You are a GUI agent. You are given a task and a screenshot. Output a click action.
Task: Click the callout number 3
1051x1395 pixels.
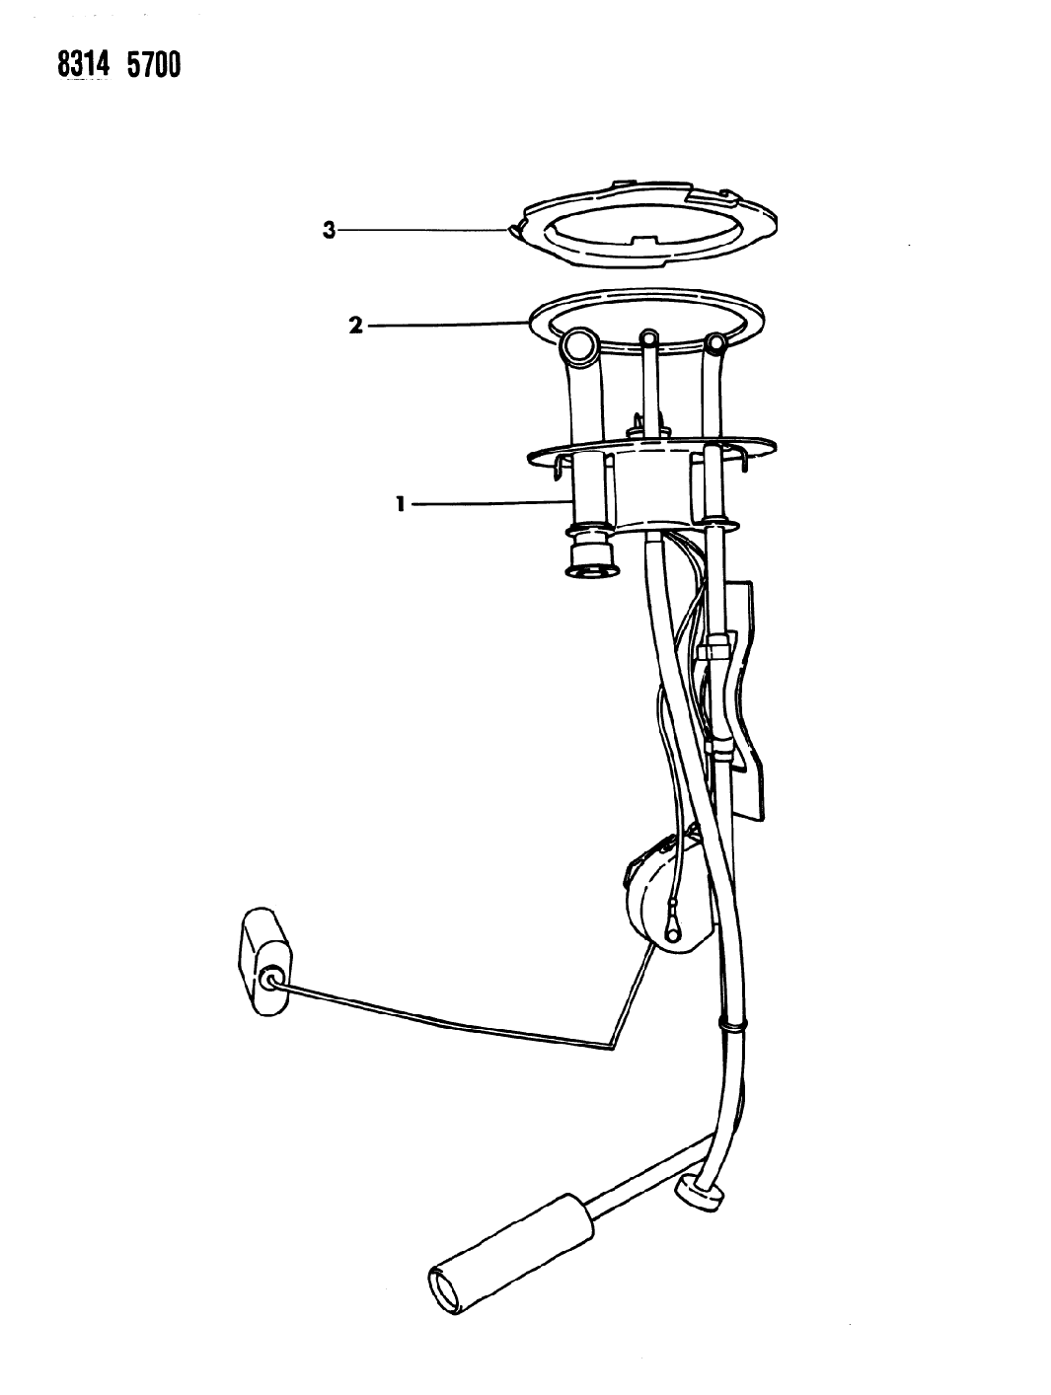click(x=329, y=230)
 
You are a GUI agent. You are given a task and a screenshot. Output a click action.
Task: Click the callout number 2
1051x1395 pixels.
click(x=355, y=326)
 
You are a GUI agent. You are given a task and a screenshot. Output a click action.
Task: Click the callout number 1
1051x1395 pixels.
click(x=401, y=504)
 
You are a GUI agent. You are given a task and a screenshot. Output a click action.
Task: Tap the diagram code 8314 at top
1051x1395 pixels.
click(x=84, y=65)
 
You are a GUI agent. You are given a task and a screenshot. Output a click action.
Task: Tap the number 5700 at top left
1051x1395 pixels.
click(x=153, y=65)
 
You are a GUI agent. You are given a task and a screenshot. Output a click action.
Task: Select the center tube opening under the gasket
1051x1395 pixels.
click(x=648, y=336)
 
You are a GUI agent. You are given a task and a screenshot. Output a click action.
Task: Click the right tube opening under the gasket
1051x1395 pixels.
click(x=716, y=342)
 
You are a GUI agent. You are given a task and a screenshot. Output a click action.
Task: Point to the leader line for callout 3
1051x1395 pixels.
click(x=425, y=230)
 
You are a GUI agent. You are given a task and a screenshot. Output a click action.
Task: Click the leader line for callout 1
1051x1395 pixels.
click(x=492, y=503)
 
